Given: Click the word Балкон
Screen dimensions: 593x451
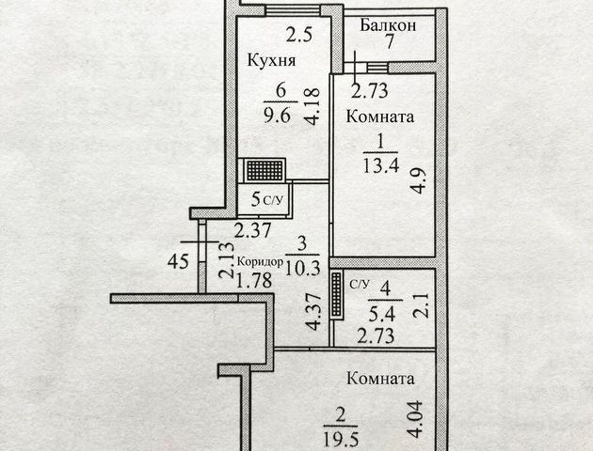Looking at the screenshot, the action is point(388,26).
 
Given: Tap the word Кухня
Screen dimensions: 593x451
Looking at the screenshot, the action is point(272,61).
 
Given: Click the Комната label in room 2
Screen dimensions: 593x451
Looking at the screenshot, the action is point(380,380).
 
